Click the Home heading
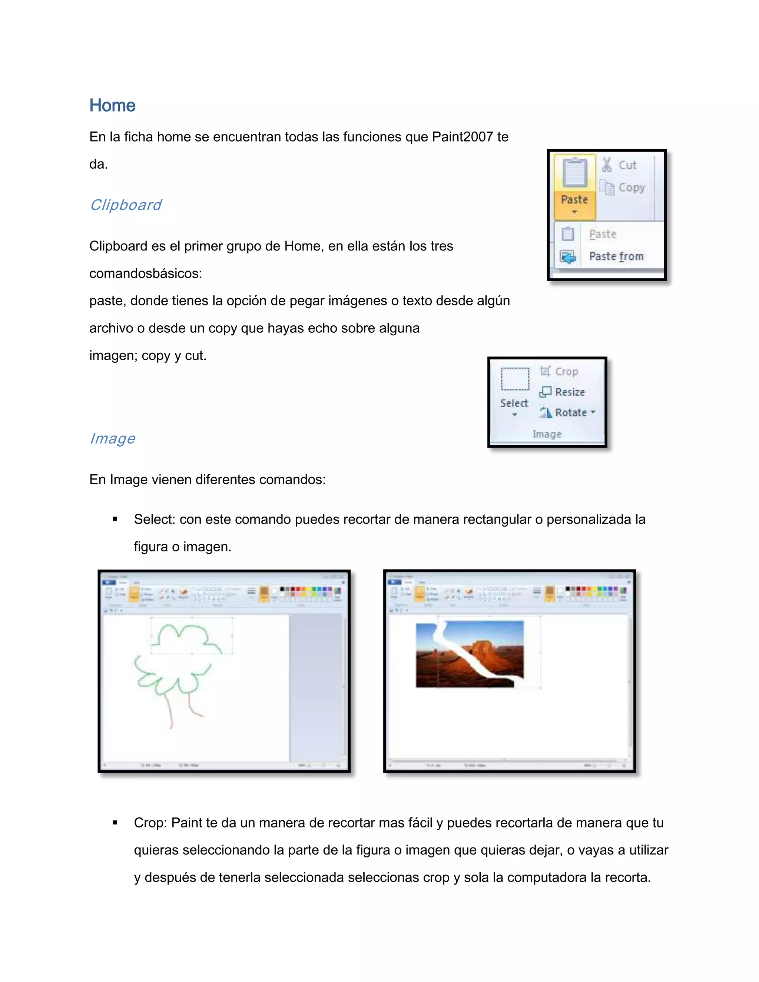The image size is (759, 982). (112, 105)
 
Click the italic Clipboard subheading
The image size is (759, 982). (126, 205)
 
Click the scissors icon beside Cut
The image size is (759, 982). (607, 165)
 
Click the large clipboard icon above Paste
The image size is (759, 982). (575, 173)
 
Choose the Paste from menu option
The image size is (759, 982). (616, 256)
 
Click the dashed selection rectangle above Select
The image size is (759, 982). (515, 379)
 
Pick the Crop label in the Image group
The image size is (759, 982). (566, 371)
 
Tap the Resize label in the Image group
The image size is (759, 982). (570, 392)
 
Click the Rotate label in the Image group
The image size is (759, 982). (571, 412)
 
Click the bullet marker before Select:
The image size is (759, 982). (115, 519)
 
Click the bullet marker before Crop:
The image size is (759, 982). (115, 823)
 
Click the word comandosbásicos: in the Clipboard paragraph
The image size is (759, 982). (146, 273)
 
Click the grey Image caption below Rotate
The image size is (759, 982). (547, 434)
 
